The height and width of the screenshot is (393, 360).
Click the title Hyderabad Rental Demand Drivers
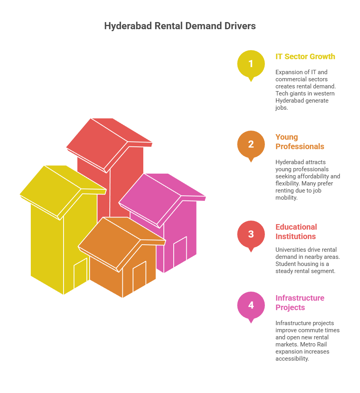[180, 26]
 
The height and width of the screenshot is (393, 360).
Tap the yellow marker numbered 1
[251, 65]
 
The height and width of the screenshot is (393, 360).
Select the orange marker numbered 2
[251, 145]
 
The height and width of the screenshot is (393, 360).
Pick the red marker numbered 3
[251, 235]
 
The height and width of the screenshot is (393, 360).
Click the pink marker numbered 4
[251, 306]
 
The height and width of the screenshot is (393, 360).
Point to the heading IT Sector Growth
[305, 57]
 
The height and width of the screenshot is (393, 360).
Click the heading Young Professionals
[300, 142]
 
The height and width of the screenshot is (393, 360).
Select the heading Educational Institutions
[296, 232]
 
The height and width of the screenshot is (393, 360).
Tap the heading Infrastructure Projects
[300, 303]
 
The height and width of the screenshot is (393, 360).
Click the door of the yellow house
[81, 273]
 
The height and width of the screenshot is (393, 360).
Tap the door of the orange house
[139, 277]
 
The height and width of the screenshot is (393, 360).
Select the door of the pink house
[180, 252]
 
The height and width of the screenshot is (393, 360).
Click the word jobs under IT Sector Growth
[281, 108]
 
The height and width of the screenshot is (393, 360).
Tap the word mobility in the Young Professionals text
[286, 198]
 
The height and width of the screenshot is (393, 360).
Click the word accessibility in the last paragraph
[292, 359]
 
